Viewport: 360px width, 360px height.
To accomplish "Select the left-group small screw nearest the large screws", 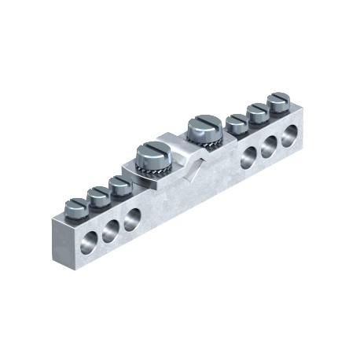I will click(x=120, y=185).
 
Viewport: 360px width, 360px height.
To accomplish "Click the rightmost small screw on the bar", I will click(x=278, y=100).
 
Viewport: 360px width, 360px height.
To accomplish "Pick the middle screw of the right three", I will click(x=257, y=110).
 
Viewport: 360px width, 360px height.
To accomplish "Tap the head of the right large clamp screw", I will click(x=200, y=124).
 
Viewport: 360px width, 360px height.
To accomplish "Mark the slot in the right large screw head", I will click(x=200, y=123).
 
